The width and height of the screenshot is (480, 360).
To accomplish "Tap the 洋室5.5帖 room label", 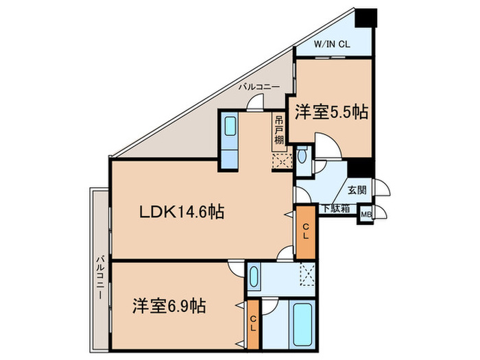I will pos(332,112).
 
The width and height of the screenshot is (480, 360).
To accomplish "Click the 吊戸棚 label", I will pos(279,130).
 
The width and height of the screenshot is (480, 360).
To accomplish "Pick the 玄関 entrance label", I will pos(356,190).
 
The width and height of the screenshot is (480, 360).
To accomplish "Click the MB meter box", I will pos(367,214).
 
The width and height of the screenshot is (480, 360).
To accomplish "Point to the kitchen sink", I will pos(230,128).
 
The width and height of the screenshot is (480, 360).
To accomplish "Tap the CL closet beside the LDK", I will pos(304,232).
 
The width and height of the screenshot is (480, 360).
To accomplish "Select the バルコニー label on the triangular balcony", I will pos(259,87).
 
